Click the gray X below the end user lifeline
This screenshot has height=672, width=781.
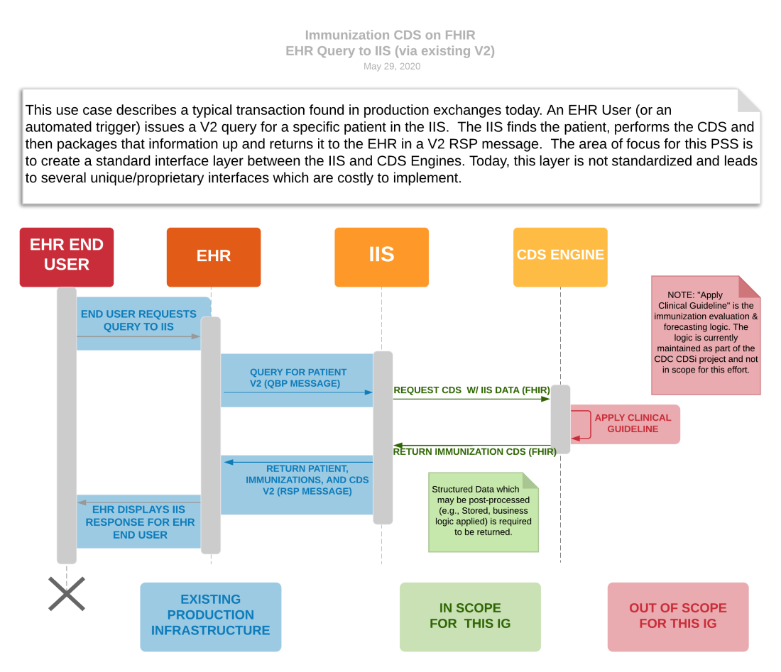pyautogui.click(x=67, y=594)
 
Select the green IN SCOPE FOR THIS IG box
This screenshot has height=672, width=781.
pyautogui.click(x=470, y=617)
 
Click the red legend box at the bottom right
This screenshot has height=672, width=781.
pyautogui.click(x=678, y=617)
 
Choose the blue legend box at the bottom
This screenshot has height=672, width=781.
pyautogui.click(x=211, y=617)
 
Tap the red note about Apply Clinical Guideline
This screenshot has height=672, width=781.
pyautogui.click(x=706, y=335)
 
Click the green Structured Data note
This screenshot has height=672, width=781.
pyautogui.click(x=484, y=511)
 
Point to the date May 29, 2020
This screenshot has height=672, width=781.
pyautogui.click(x=391, y=67)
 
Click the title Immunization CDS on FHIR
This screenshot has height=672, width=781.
pyautogui.click(x=390, y=35)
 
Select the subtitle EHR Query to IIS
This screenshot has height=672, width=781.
pyautogui.click(x=390, y=51)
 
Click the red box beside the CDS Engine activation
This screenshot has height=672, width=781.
pyautogui.click(x=626, y=424)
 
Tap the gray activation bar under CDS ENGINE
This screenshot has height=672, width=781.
pyautogui.click(x=560, y=419)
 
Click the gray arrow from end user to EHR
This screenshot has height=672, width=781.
pyautogui.click(x=138, y=336)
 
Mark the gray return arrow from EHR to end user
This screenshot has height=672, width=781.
pyautogui.click(x=138, y=502)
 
